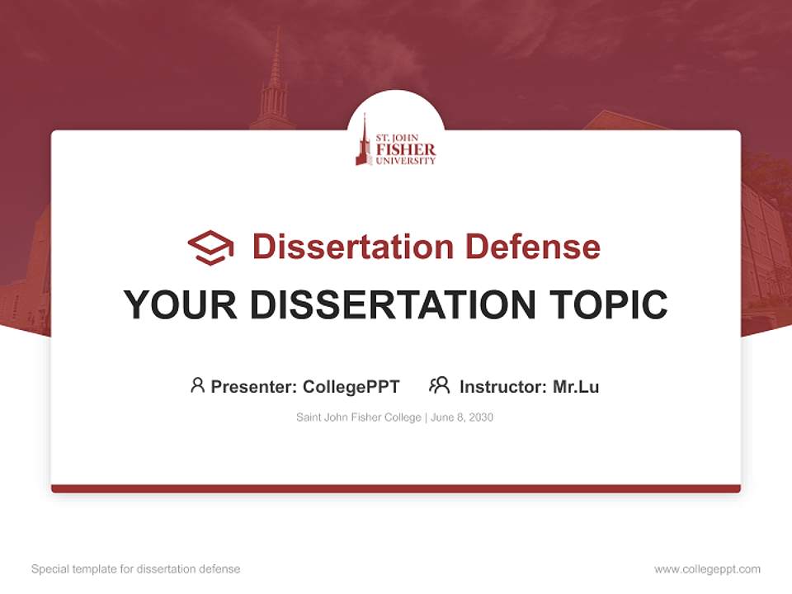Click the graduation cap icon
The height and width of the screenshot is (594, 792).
coord(211,247)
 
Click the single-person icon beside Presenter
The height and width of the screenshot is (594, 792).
coord(197,385)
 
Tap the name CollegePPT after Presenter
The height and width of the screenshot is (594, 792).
coord(351,387)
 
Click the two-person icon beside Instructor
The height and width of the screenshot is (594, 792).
coord(440,385)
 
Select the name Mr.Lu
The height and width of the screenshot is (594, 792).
coord(576,387)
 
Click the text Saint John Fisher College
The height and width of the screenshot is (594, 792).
coord(359,417)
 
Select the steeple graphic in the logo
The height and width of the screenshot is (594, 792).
coord(363,142)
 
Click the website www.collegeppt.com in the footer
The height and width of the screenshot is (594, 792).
coord(707,569)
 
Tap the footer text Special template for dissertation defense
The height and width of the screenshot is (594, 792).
coord(136,569)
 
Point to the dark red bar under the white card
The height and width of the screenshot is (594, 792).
coord(396,488)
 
